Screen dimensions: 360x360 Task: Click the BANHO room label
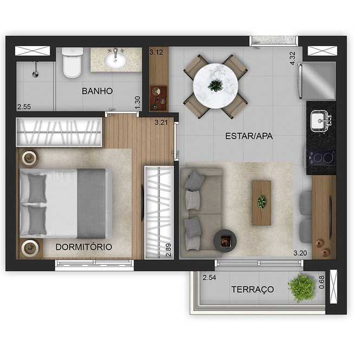[97, 91]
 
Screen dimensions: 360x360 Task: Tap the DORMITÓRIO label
[84, 247]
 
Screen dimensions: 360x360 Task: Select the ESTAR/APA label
[249, 136]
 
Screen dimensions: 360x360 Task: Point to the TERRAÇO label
[253, 289]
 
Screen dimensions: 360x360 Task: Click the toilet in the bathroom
[73, 62]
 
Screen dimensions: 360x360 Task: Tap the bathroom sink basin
[115, 60]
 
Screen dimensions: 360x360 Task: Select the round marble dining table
[215, 86]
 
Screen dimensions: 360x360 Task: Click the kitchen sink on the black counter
[320, 121]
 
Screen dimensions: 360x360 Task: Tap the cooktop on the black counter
[321, 158]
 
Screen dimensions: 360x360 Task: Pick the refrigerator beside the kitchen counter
[317, 81]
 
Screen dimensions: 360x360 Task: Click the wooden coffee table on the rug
[261, 202]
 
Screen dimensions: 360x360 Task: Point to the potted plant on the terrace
[301, 288]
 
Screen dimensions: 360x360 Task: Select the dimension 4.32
[292, 58]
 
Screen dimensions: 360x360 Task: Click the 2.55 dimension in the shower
[24, 107]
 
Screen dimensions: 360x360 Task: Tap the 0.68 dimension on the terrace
[322, 282]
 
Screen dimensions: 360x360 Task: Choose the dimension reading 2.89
[168, 250]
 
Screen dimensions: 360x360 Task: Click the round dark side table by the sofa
[225, 241]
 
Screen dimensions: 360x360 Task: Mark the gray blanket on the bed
[91, 204]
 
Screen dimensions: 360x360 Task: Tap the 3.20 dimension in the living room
[300, 253]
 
